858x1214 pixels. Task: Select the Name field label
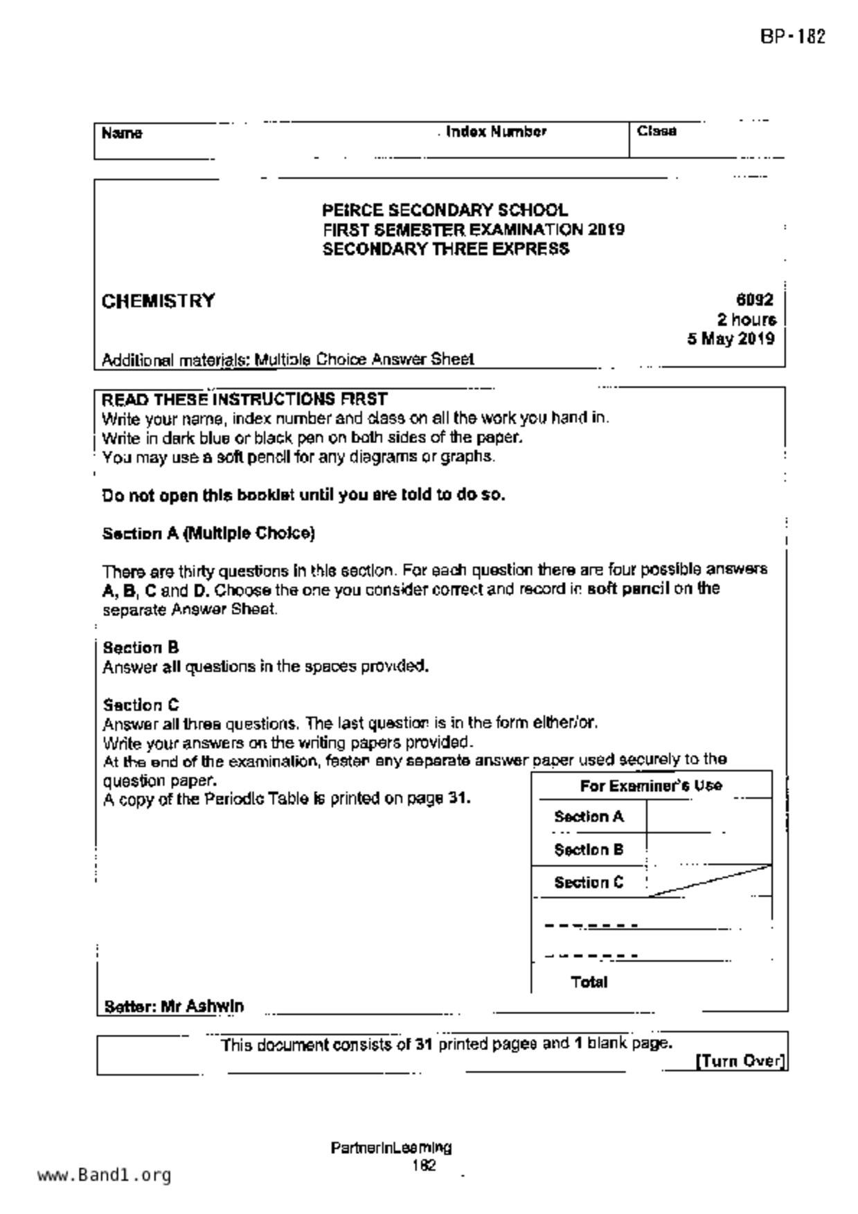click(122, 133)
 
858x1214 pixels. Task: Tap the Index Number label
click(496, 132)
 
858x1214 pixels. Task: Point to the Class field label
click(656, 132)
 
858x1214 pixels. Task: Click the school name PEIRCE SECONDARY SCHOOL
click(445, 210)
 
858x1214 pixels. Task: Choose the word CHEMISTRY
click(159, 302)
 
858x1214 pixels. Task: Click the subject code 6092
click(754, 300)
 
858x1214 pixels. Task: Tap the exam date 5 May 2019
click(731, 339)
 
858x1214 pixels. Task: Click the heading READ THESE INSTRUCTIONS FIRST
click(244, 399)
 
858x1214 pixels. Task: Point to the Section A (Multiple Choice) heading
click(208, 534)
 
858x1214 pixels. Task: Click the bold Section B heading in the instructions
click(141, 648)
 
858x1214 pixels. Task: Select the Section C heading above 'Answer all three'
click(141, 705)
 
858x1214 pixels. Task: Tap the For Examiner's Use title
click(651, 786)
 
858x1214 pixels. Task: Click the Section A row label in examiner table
click(589, 817)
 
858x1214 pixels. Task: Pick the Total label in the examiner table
click(589, 982)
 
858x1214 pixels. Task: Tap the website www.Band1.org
click(104, 1175)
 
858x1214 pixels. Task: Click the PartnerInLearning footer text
click(391, 1148)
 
